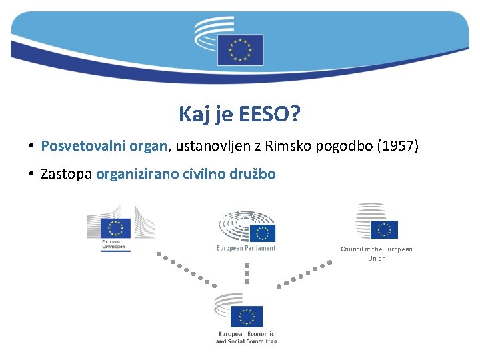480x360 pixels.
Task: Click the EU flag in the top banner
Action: click(240, 49)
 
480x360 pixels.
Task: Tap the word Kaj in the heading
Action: click(193, 115)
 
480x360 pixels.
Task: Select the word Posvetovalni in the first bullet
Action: click(73, 146)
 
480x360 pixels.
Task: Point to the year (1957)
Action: click(397, 146)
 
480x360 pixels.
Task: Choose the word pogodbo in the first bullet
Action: click(339, 146)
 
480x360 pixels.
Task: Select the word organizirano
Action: click(137, 175)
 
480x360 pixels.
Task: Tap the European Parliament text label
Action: click(246, 248)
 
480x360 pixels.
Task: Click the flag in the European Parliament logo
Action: click(265, 233)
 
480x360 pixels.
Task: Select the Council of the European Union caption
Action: click(377, 253)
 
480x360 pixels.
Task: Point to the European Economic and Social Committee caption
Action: click(246, 337)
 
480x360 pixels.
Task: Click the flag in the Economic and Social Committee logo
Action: click(247, 316)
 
